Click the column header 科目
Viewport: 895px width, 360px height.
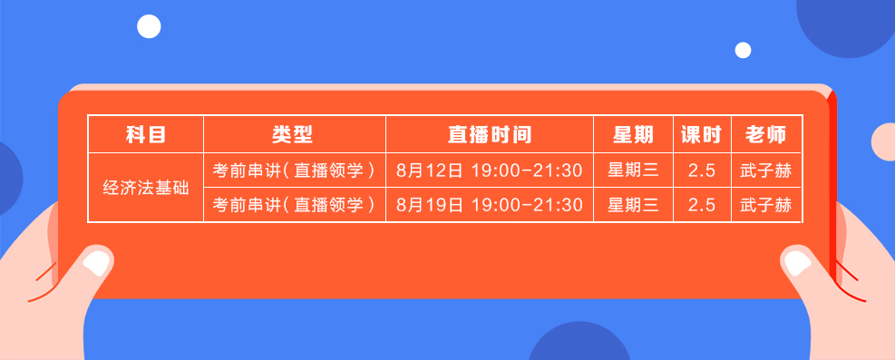[x=145, y=135]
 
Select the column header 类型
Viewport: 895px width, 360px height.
[x=294, y=135]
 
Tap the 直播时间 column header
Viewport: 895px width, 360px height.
[x=489, y=135]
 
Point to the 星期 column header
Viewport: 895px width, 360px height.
[x=633, y=135]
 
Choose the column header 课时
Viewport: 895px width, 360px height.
[x=701, y=135]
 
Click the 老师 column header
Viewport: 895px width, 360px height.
[x=766, y=135]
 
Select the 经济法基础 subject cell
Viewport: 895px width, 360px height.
[x=145, y=188]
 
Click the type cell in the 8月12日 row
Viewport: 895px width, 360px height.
[x=294, y=170]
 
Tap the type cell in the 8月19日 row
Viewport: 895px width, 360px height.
[x=294, y=205]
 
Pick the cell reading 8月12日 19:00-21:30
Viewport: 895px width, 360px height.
[x=489, y=170]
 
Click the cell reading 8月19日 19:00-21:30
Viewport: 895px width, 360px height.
[x=489, y=205]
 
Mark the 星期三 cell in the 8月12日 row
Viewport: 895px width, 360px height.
[x=633, y=170]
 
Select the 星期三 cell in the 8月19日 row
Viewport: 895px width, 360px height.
[x=633, y=205]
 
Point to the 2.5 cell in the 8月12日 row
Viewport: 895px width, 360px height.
[x=701, y=170]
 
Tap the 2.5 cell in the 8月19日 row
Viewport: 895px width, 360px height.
[x=701, y=205]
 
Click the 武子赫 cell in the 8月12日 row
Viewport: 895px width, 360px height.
[x=766, y=170]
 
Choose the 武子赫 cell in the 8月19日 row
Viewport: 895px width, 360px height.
[x=766, y=205]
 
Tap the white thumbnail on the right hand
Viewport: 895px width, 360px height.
[x=797, y=262]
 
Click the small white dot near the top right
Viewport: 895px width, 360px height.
[x=743, y=50]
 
